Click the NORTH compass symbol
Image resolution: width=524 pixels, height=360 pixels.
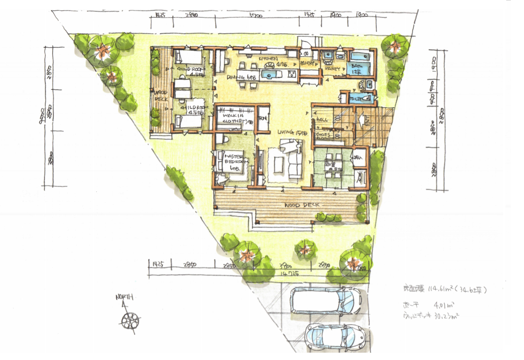(130, 320)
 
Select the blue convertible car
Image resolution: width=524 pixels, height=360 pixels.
(335, 336)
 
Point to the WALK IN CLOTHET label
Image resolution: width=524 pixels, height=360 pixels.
(233, 118)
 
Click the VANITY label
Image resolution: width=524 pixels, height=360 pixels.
(332, 69)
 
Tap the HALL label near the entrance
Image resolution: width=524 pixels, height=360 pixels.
(322, 120)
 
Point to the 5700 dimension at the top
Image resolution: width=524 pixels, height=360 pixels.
(256, 16)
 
